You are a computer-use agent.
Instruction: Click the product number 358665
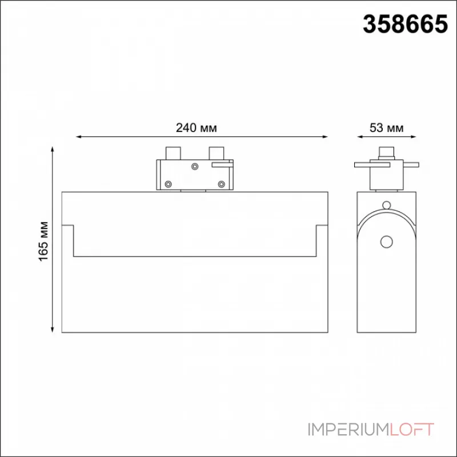(405, 24)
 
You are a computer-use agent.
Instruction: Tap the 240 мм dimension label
(196, 127)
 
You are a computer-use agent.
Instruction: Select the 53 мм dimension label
(387, 127)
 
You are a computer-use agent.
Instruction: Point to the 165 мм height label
(44, 241)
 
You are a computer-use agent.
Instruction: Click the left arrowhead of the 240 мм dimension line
(78, 137)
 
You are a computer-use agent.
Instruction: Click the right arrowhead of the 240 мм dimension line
(326, 137)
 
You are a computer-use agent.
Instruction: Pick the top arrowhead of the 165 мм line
(53, 149)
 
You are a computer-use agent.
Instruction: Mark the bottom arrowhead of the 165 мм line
(53, 330)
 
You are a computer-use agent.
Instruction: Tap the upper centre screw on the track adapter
(195, 166)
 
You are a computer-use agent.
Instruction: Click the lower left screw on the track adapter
(168, 184)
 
